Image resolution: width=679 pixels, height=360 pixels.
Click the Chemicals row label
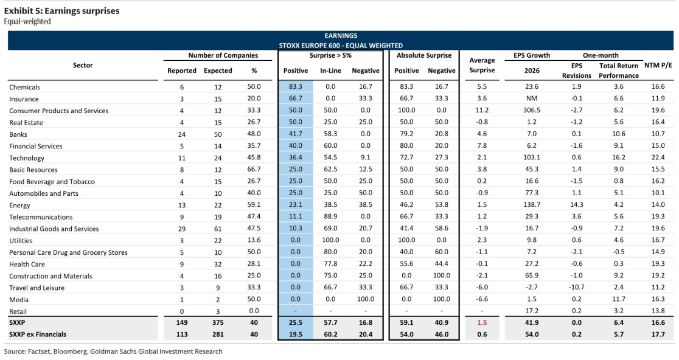pyautogui.click(x=24, y=87)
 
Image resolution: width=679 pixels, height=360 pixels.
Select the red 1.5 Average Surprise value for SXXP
pyautogui.click(x=482, y=322)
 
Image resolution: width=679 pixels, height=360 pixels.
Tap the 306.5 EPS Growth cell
pyautogui.click(x=532, y=110)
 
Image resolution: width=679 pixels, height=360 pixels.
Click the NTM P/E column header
pyautogui.click(x=658, y=65)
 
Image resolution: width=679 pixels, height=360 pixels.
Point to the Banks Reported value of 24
pyautogui.click(x=182, y=134)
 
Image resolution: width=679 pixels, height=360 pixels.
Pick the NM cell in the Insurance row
pyautogui.click(x=532, y=99)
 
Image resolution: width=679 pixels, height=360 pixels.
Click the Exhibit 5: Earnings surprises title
pyautogui.click(x=61, y=11)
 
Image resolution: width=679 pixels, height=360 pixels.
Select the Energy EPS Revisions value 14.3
pyautogui.click(x=576, y=205)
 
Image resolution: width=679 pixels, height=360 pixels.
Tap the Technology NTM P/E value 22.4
pyautogui.click(x=658, y=157)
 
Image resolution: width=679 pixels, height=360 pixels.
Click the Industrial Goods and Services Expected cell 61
pyautogui.click(x=218, y=229)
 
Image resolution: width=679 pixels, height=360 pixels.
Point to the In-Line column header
pyautogui.click(x=330, y=71)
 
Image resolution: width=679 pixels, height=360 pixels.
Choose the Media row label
pyautogui.click(x=19, y=299)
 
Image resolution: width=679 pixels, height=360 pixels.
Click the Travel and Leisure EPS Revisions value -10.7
pyautogui.click(x=576, y=287)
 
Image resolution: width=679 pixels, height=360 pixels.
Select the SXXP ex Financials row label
pyautogui.click(x=38, y=334)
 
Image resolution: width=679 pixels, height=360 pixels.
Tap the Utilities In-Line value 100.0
pyautogui.click(x=330, y=240)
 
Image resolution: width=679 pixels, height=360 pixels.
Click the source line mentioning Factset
pyautogui.click(x=113, y=351)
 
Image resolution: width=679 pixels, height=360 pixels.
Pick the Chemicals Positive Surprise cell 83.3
pyautogui.click(x=295, y=86)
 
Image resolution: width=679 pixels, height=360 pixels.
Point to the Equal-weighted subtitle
pyautogui.click(x=27, y=22)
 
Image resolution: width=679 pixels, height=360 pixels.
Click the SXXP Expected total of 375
pyautogui.click(x=218, y=323)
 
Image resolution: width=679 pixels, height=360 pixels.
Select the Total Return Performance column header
pyautogui.click(x=619, y=71)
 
